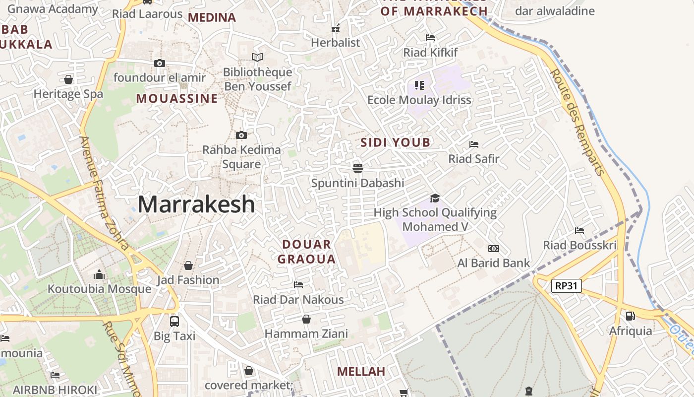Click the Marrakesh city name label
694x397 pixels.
point(196,204)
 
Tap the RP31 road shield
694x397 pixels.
point(567,286)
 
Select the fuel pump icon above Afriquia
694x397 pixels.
point(630,315)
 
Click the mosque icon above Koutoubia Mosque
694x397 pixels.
point(99,274)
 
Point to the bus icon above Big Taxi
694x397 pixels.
point(174,321)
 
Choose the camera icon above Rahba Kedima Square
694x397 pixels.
point(241,135)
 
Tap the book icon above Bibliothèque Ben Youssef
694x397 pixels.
point(257,57)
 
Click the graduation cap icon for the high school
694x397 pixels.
point(435,198)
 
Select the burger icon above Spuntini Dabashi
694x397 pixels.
point(358,168)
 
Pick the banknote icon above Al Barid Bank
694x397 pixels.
point(494,249)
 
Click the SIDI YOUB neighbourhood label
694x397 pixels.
point(396,143)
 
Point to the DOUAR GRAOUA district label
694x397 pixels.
point(306,252)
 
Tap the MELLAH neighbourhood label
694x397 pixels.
point(361,371)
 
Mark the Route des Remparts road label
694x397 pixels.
point(577,122)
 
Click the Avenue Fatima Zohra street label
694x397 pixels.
point(104,194)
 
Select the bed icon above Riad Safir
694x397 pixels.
point(474,144)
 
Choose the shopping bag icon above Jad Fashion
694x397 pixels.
point(188,265)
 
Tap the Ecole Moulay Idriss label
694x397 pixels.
point(419,100)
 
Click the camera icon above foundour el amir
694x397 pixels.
point(159,63)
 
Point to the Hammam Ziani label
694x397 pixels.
point(306,333)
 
